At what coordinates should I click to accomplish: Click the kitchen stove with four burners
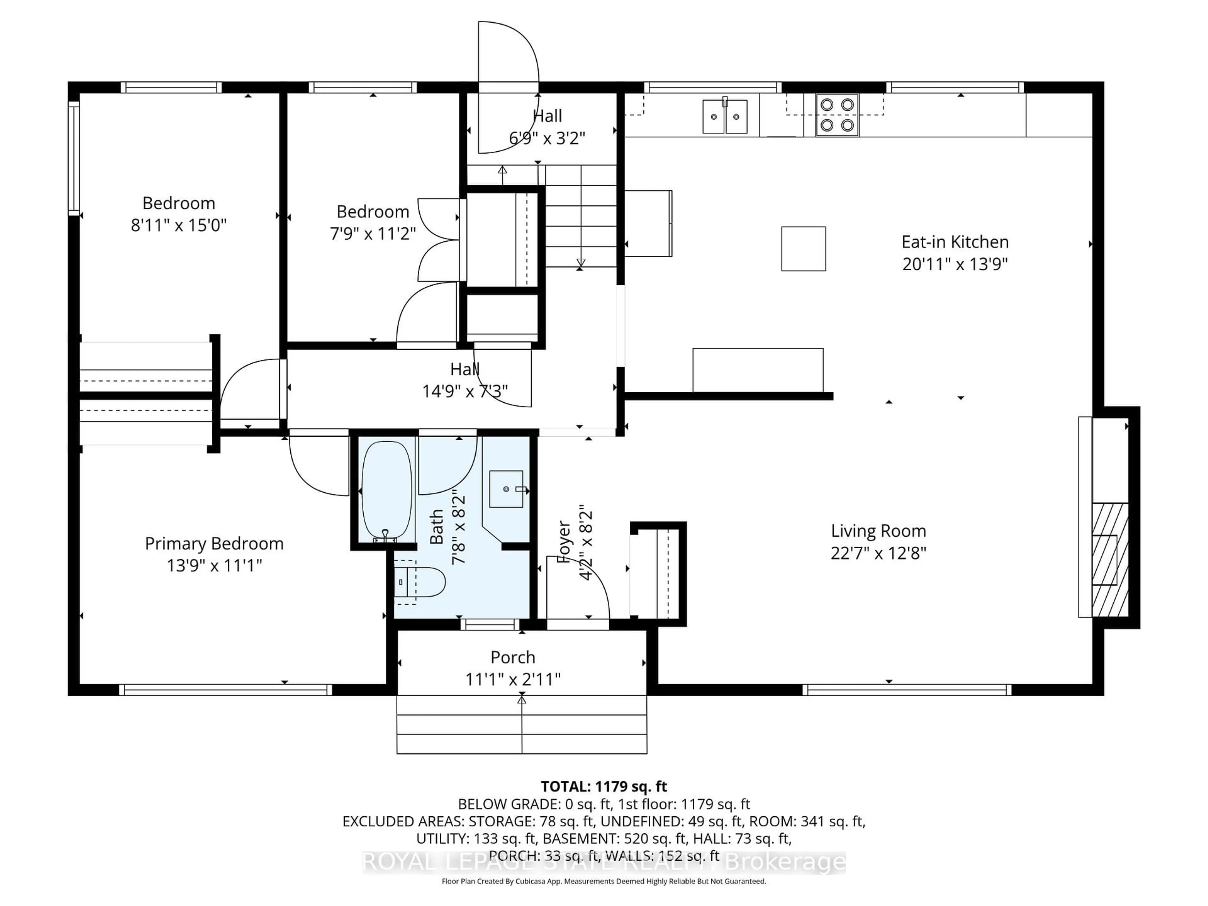(837, 115)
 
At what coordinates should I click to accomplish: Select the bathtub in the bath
(387, 490)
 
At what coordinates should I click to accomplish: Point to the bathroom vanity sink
(506, 489)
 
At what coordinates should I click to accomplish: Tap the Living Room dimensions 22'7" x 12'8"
(878, 553)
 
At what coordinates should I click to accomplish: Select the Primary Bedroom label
(214, 543)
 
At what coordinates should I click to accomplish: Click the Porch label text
(512, 657)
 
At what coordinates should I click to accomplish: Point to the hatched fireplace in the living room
(1109, 560)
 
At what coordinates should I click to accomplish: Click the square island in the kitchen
(803, 249)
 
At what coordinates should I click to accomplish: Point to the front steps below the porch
(522, 725)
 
